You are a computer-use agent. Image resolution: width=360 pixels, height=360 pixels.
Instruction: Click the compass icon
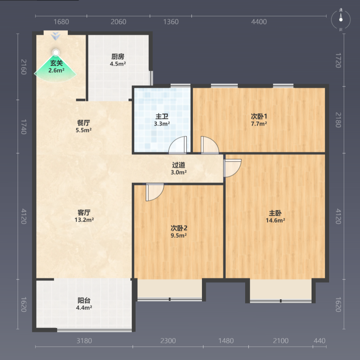click(x=341, y=20)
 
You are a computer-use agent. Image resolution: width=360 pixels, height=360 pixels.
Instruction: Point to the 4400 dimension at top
click(x=259, y=22)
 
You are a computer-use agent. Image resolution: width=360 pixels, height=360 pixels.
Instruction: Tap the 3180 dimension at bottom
click(x=84, y=341)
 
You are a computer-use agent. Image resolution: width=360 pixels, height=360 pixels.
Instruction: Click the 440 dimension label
click(x=319, y=341)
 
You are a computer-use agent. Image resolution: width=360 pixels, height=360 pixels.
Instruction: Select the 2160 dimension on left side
click(x=24, y=67)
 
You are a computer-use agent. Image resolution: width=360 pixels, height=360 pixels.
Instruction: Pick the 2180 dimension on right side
click(x=338, y=120)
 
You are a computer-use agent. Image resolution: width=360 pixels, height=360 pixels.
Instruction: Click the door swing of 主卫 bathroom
click(x=177, y=145)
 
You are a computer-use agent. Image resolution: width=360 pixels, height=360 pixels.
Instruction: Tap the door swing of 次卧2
click(x=155, y=192)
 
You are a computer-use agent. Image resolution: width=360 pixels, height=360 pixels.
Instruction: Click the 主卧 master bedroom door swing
click(x=233, y=168)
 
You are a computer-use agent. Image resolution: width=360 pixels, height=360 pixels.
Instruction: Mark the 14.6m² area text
click(x=275, y=221)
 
